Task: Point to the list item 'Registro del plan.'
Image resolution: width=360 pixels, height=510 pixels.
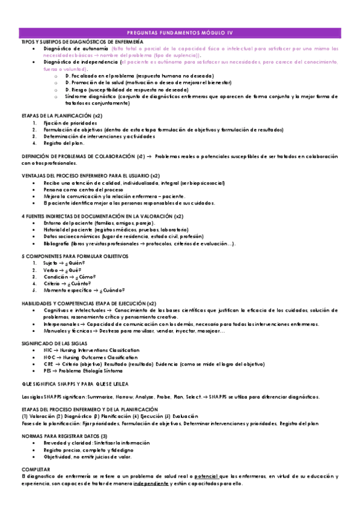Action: click(x=64, y=143)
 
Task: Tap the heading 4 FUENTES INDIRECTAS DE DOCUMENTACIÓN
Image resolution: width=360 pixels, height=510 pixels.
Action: click(x=102, y=215)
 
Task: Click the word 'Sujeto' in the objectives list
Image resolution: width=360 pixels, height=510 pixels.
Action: click(x=50, y=263)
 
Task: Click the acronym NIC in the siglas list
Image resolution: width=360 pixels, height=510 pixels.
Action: click(x=48, y=349)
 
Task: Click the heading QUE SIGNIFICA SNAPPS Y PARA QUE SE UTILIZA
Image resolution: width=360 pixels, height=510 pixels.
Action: click(x=75, y=382)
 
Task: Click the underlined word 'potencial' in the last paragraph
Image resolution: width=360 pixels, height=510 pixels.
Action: click(x=207, y=476)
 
